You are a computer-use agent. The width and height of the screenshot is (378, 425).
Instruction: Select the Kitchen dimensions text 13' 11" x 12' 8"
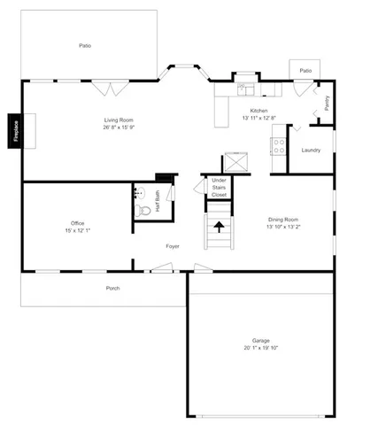pos(258,118)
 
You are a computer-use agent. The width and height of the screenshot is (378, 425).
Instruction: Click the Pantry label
pos(328,104)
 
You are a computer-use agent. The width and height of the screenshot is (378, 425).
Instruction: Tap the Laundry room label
pos(311,150)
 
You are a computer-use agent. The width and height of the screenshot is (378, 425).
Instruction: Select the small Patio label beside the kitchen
pos(305,70)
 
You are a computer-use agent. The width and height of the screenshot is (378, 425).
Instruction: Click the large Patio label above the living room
pos(85,45)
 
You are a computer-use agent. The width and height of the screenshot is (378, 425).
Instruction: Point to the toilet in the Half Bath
pos(142,211)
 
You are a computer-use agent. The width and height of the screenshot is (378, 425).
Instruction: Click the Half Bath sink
pos(140,191)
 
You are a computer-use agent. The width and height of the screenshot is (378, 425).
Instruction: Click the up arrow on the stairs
pos(219,228)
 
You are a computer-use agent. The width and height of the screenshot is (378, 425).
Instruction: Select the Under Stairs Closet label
pos(219,188)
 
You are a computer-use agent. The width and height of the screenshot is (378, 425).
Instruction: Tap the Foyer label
pos(173,246)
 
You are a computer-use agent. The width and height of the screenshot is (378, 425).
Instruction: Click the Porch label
pos(112,288)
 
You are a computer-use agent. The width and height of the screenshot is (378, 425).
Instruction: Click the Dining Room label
pos(283,220)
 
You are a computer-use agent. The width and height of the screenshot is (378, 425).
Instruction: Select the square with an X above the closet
pos(236,162)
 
